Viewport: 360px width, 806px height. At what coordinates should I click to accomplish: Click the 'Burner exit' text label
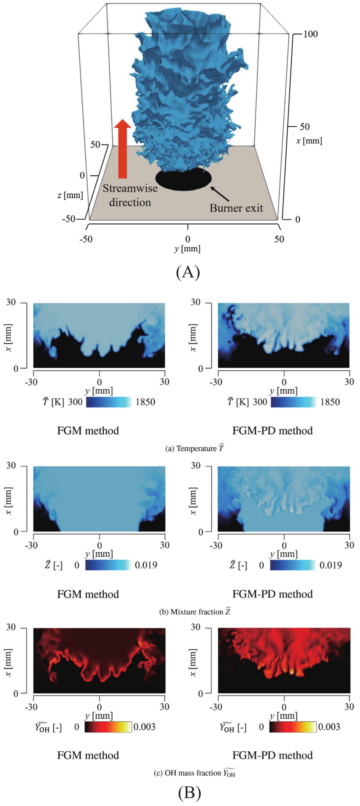coord(236,208)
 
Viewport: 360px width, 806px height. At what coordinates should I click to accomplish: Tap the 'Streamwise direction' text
coord(130,195)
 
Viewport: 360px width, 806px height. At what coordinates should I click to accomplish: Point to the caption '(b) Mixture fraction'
coord(195,612)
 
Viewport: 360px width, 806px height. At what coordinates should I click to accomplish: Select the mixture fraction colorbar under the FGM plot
coord(108,565)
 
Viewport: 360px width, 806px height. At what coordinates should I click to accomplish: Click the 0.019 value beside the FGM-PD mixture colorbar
coord(331,565)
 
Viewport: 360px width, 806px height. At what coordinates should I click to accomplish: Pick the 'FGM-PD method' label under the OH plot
coord(272,755)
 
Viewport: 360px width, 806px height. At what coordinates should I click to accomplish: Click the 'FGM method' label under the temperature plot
coord(88,431)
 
